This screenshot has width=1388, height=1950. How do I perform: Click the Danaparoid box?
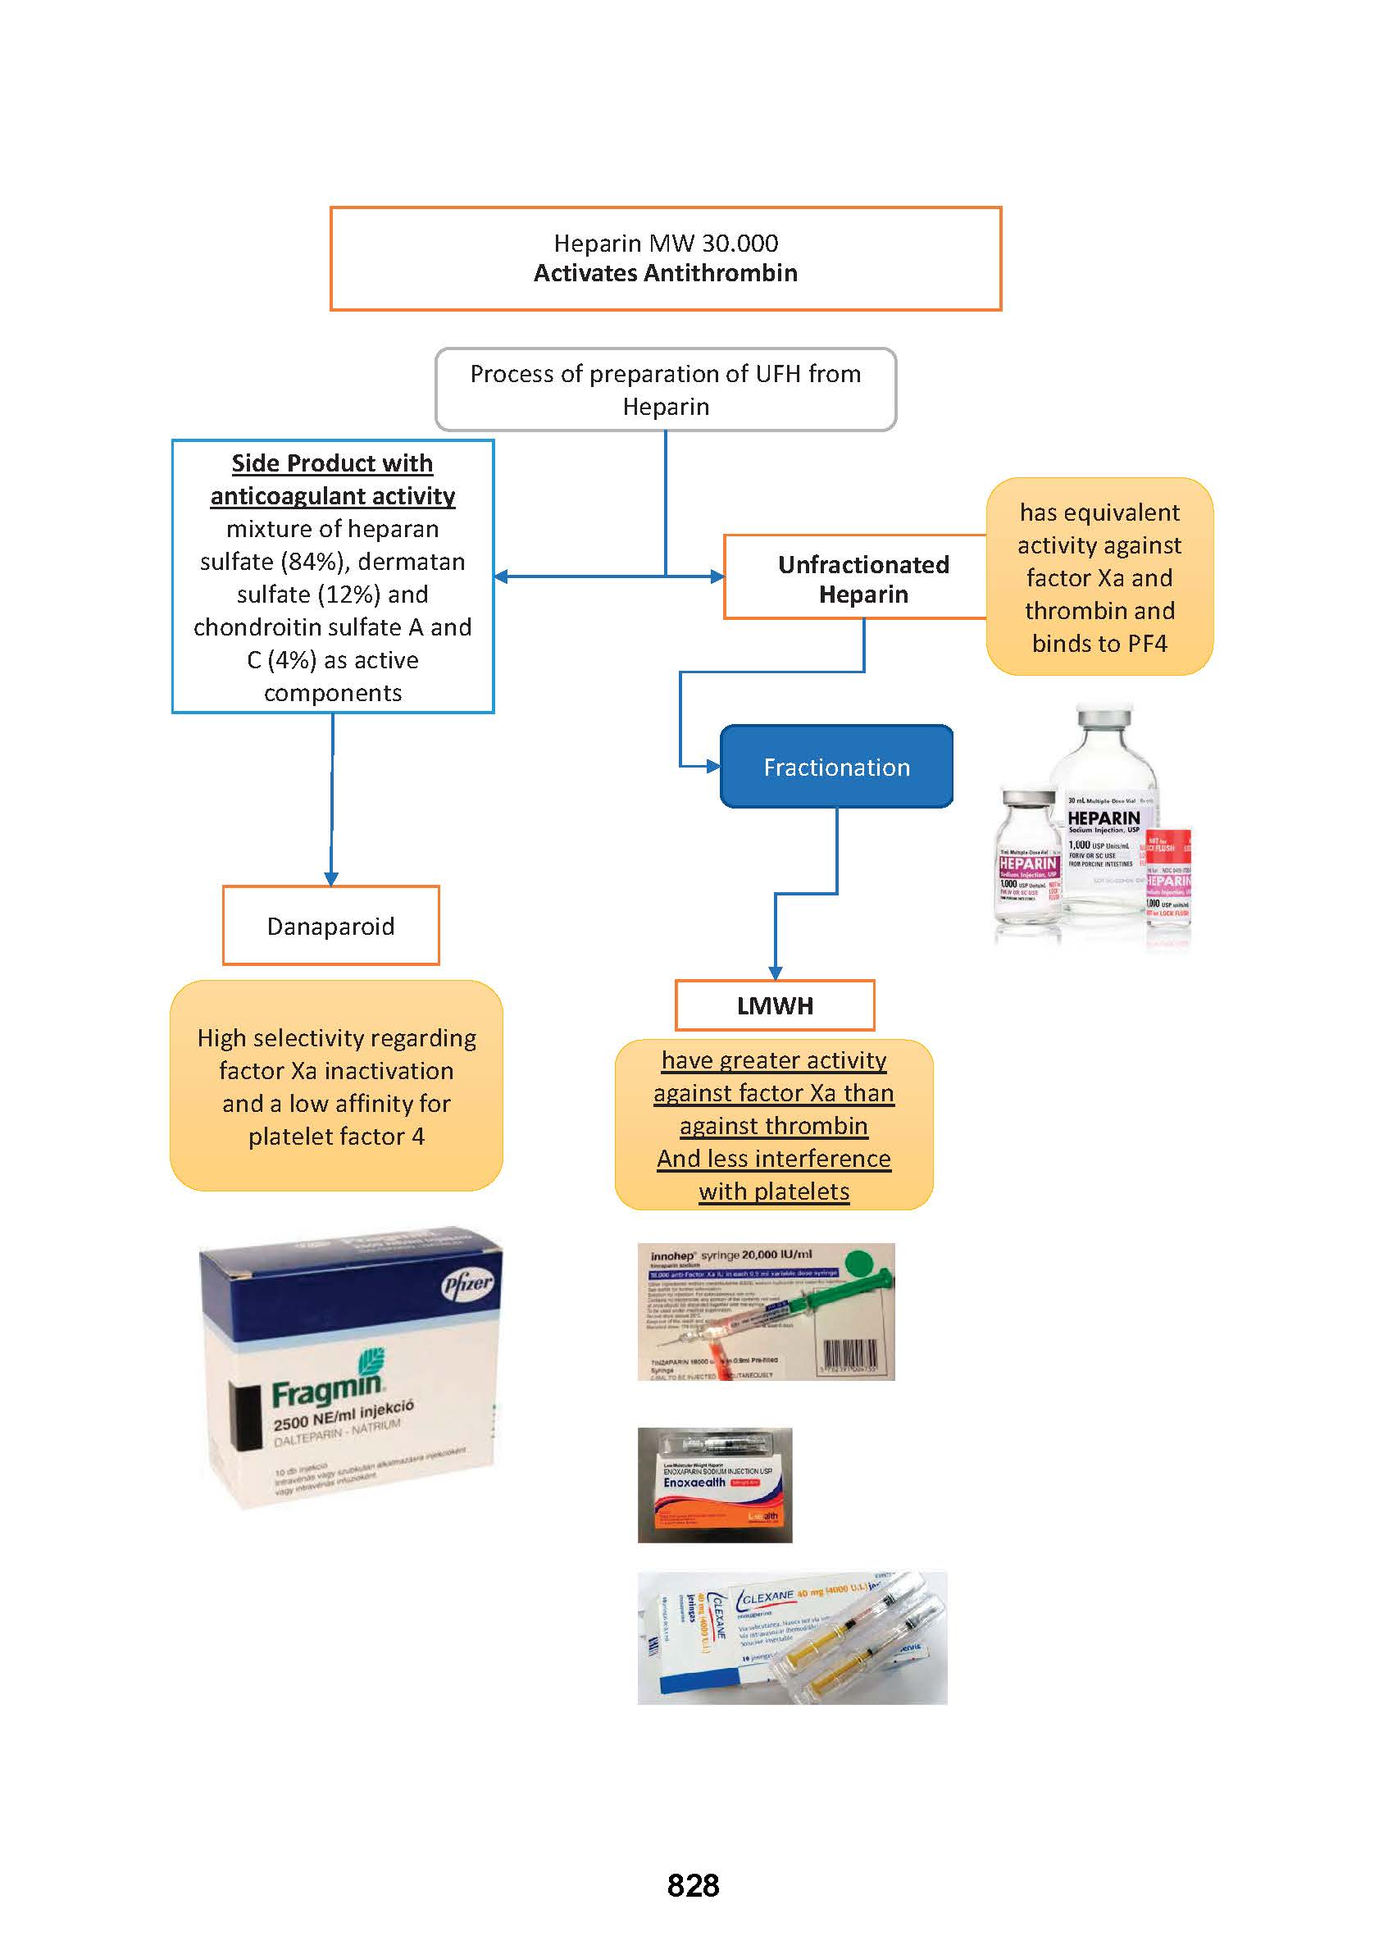[330, 926]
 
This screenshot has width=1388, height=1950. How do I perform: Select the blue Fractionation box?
[836, 767]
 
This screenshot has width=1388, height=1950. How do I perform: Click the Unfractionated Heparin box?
[862, 579]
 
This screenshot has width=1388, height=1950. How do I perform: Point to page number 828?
[693, 1885]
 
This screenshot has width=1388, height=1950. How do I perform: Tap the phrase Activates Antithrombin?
[666, 274]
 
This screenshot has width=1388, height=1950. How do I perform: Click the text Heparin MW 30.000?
[666, 244]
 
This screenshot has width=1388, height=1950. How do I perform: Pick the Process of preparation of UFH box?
[666, 390]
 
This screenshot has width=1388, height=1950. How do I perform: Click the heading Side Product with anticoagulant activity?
[333, 480]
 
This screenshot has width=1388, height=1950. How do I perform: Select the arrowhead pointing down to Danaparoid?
[330, 878]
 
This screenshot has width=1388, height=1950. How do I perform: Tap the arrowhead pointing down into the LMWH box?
[776, 973]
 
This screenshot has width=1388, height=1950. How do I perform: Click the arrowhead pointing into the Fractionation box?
[712, 766]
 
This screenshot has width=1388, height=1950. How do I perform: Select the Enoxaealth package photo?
[715, 1485]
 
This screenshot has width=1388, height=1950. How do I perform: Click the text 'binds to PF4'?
[1099, 644]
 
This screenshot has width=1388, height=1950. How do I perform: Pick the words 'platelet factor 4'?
[336, 1137]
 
